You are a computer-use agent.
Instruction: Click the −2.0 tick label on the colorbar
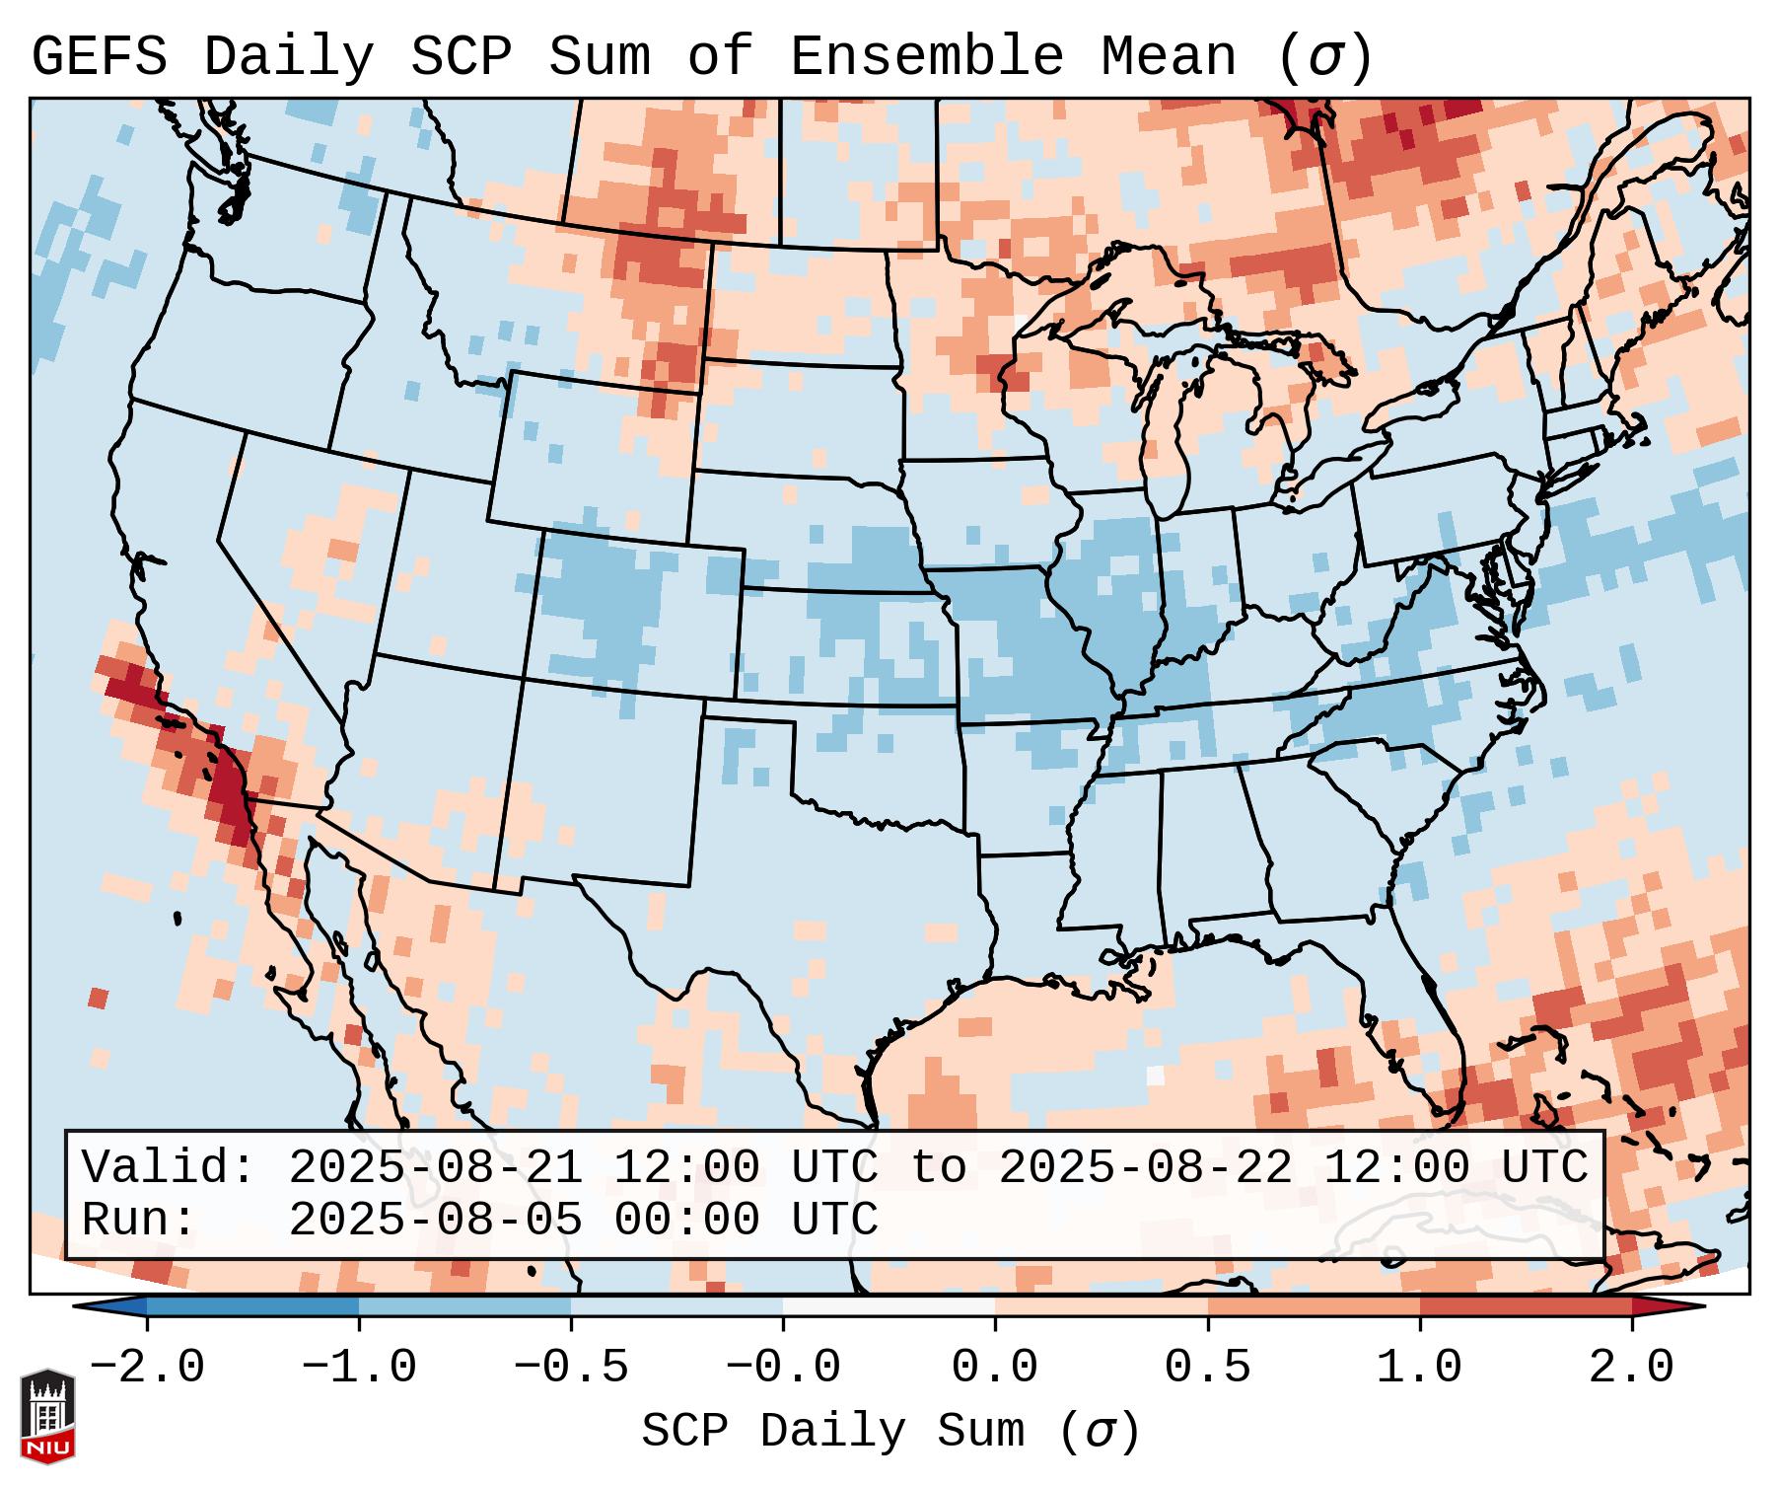[147, 1368]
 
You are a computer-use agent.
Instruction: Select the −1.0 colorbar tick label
[359, 1368]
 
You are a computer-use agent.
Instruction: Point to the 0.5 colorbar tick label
[1207, 1368]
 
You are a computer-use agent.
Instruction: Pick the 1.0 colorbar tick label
[1419, 1368]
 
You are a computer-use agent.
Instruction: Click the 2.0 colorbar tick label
[1631, 1368]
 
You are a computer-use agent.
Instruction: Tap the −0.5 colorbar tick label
[571, 1368]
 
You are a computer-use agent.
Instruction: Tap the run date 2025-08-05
[435, 1220]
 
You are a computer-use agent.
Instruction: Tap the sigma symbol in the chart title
[1324, 59]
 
